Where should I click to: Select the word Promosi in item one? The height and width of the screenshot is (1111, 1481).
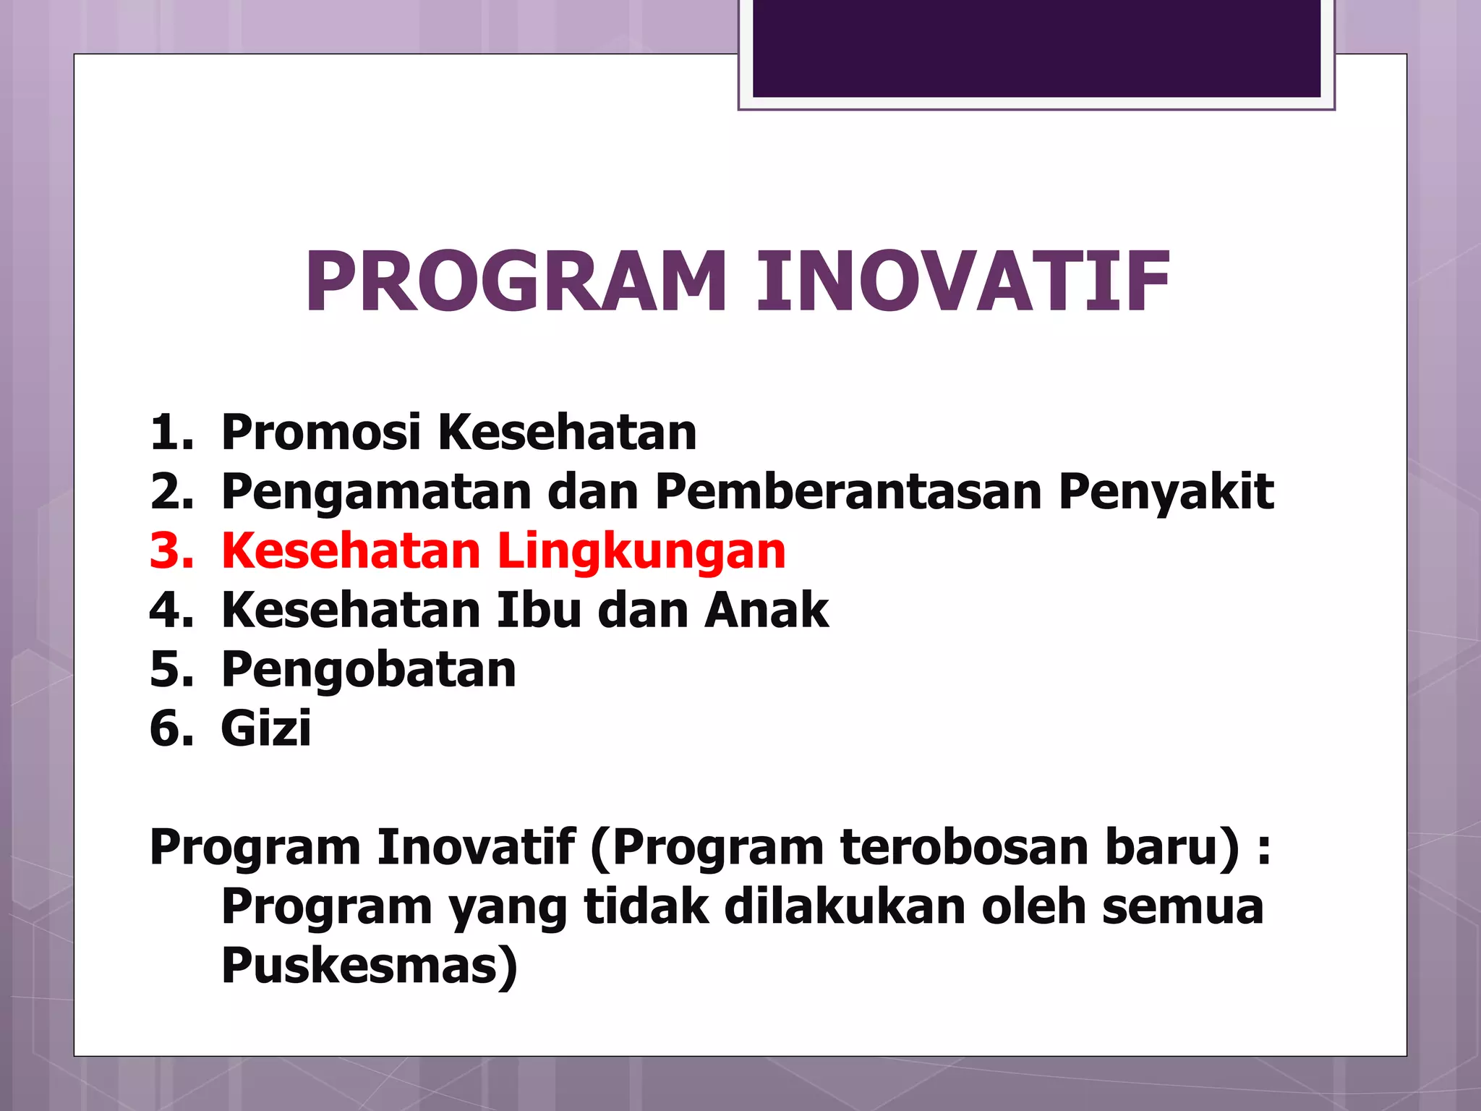320,432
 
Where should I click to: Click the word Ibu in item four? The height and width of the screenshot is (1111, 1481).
539,610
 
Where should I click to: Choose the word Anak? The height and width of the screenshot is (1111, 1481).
766,610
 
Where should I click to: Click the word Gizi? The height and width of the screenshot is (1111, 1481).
265,729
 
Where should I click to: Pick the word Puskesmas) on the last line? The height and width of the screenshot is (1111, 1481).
370,966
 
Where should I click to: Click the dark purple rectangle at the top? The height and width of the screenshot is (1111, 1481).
1036,48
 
